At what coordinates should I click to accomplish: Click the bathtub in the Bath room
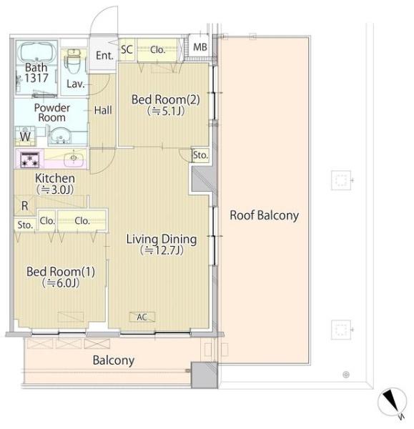point(36,52)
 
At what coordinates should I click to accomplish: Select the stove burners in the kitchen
point(30,159)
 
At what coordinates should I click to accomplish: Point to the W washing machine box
point(25,136)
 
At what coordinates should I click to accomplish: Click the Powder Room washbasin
point(61,136)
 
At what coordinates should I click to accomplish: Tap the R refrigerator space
point(25,205)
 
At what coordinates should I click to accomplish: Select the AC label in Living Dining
point(142,317)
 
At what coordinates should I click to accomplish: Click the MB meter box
point(200,46)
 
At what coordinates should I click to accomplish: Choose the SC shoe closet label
point(127,49)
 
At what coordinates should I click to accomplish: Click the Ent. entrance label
point(104,56)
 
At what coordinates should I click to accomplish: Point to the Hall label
point(103,110)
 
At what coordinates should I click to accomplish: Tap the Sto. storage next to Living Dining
point(201,155)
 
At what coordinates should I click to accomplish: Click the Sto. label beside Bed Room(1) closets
point(25,225)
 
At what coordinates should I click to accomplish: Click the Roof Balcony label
point(264,215)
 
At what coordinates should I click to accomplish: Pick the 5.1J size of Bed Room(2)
point(166,111)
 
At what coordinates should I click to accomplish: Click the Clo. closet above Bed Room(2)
point(157,50)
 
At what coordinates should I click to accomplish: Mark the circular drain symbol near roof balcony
point(346,375)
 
